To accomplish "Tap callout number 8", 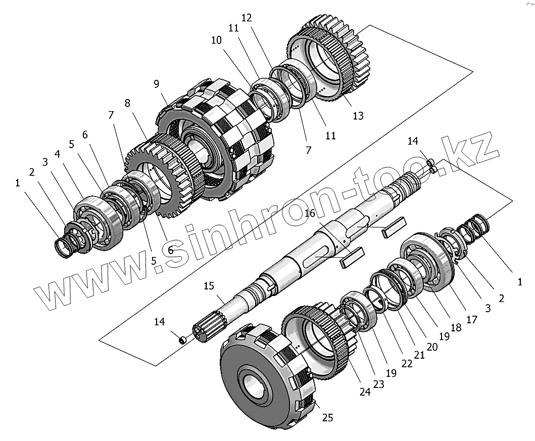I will (127, 103).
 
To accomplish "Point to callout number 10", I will (217, 40).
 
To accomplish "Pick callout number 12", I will (246, 18).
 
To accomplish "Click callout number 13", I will (358, 116).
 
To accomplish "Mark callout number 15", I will (209, 287).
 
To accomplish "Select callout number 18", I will (456, 327).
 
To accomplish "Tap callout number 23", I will (378, 384).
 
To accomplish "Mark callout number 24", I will (365, 391).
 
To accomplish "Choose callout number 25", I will (328, 418).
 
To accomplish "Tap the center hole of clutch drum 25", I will (255, 384).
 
